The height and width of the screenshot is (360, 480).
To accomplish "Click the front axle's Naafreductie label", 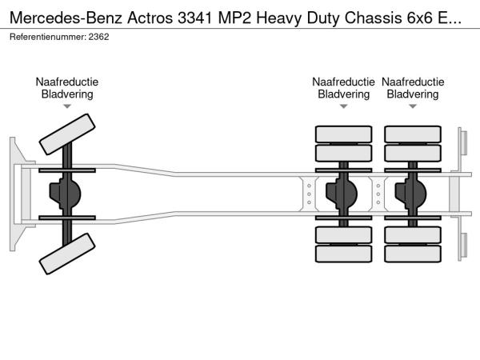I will point(66,82).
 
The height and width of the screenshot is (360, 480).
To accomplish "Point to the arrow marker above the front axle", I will point(66,106).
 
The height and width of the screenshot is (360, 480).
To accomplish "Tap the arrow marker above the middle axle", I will point(343,106).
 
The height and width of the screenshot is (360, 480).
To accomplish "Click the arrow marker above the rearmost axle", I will point(412,106).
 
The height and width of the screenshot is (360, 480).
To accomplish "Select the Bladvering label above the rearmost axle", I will point(412,94).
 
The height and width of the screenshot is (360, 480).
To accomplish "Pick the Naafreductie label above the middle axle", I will point(343,82).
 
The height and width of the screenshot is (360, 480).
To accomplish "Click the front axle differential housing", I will point(67,194).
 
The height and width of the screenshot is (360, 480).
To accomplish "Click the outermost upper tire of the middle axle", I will point(343,134).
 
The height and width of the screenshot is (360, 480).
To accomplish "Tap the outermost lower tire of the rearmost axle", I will point(412,255).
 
